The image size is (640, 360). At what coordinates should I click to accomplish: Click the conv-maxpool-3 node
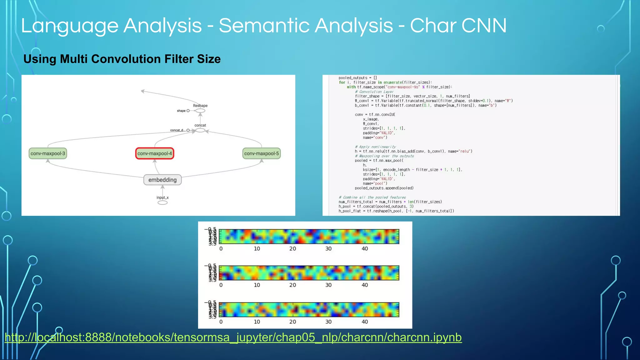tap(48, 153)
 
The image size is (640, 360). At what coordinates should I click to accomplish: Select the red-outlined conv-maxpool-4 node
tap(155, 153)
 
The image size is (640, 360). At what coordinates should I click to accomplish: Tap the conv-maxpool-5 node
tap(262, 153)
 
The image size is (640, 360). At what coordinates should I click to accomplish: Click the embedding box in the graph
tap(162, 180)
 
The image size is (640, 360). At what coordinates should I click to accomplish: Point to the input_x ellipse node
tap(162, 202)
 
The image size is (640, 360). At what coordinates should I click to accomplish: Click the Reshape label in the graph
tap(200, 106)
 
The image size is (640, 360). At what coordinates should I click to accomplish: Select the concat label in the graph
tap(200, 125)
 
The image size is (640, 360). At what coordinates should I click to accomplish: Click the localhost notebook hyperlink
tap(233, 337)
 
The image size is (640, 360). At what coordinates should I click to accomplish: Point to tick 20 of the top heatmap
tap(292, 249)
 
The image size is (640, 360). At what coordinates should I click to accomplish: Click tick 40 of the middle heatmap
tap(365, 285)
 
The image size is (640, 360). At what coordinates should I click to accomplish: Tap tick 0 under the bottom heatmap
tap(221, 322)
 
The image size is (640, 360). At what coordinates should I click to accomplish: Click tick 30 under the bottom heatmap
tap(328, 322)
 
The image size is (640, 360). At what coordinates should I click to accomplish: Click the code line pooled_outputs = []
tap(357, 78)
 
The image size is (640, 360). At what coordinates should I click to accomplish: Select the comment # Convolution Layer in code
tap(374, 92)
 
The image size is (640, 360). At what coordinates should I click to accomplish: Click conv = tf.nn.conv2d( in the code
tap(375, 115)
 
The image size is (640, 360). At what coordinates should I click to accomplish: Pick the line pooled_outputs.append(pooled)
tap(384, 188)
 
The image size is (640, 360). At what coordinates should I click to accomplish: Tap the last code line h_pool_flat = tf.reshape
tap(396, 211)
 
